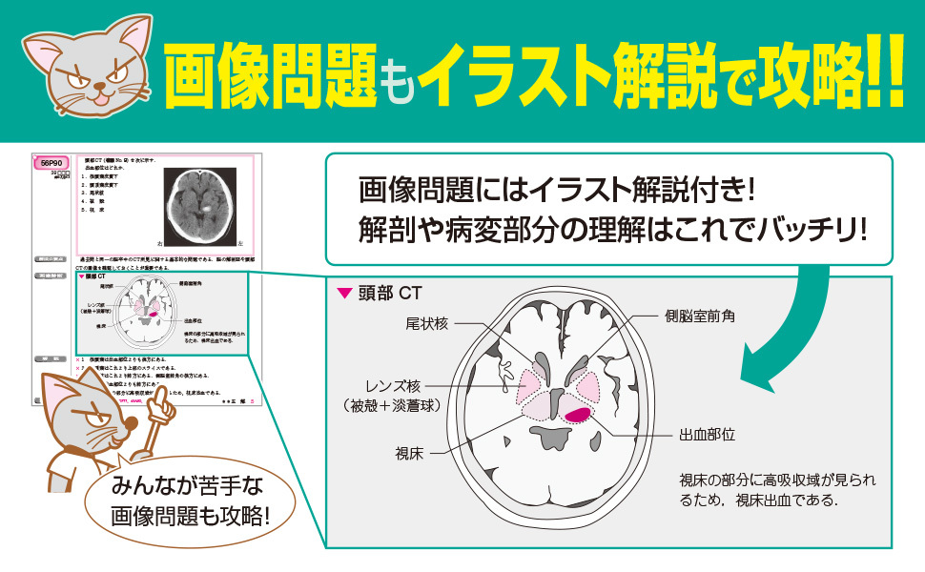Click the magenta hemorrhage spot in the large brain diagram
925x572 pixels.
tap(577, 413)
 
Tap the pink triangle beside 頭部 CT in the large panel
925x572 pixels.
tap(344, 294)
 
